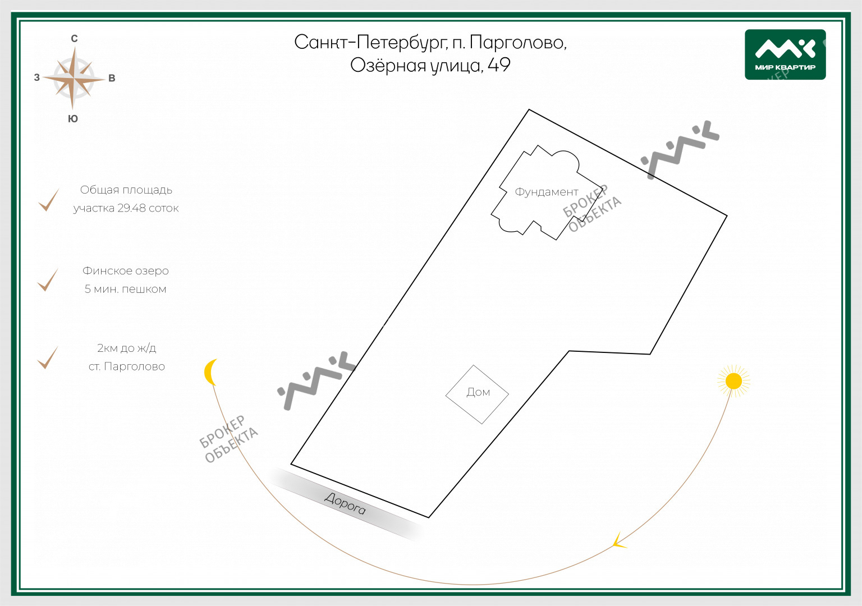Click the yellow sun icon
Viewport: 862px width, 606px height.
tap(733, 381)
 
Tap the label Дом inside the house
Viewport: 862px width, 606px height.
tap(478, 392)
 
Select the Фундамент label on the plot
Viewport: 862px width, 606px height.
tap(547, 191)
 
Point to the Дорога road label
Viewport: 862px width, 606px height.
tap(345, 503)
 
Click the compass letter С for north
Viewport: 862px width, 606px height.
tap(74, 39)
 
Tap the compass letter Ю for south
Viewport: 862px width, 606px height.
tap(73, 118)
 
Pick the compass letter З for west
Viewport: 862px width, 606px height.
tap(37, 77)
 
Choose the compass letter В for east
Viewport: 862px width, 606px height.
tap(112, 78)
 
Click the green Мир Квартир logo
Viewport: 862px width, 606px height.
tap(785, 54)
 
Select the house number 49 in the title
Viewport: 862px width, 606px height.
tap(499, 65)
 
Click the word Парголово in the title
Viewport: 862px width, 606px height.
tap(518, 42)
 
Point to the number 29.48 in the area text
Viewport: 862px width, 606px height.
tap(132, 208)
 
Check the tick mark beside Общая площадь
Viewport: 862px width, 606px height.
tap(49, 200)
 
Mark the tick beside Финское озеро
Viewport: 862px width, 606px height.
tap(48, 280)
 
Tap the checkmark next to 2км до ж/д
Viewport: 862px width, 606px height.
tap(48, 357)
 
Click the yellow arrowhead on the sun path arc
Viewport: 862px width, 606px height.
tap(619, 540)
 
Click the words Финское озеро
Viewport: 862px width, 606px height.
tap(126, 271)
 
